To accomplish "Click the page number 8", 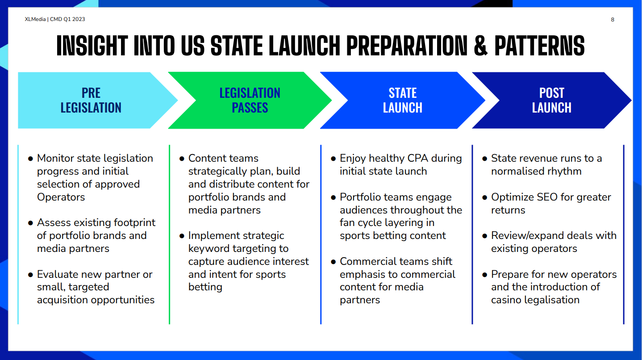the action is (x=613, y=20).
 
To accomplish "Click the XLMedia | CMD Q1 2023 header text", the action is (x=55, y=19).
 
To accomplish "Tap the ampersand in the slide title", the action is (x=481, y=45).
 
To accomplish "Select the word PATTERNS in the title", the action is (x=539, y=45).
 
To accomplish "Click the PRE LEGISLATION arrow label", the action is (x=91, y=100).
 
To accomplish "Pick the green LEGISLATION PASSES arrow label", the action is (x=250, y=100).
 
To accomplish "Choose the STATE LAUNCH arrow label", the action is (x=403, y=100).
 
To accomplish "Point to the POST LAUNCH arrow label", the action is (x=552, y=100).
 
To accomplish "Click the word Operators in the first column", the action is (x=61, y=197).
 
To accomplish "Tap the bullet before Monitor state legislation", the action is (x=30, y=159).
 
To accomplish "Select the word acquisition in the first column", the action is (x=63, y=300).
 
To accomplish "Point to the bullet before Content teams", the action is (x=182, y=159).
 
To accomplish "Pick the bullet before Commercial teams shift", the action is (x=333, y=262).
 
